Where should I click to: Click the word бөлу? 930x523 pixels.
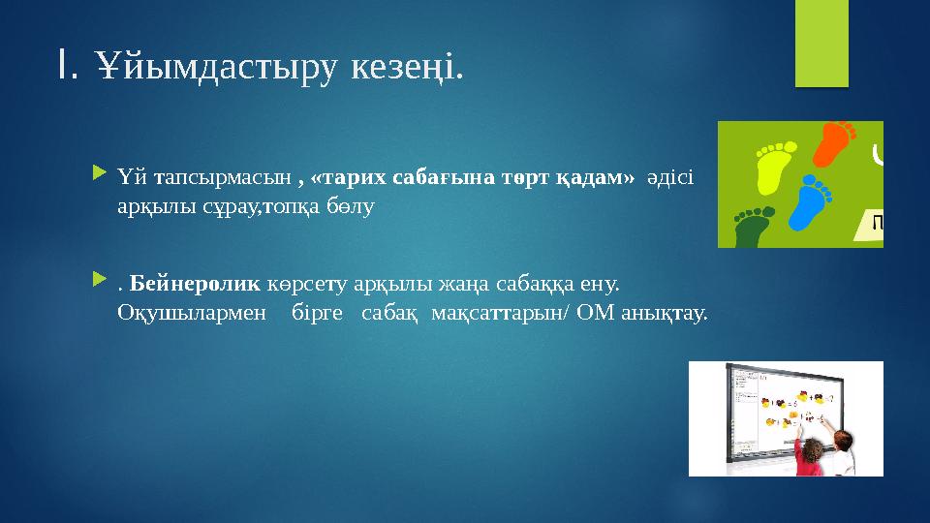[x=350, y=207]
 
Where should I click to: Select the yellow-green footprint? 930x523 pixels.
[x=772, y=163]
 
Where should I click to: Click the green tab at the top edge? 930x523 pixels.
[x=821, y=43]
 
